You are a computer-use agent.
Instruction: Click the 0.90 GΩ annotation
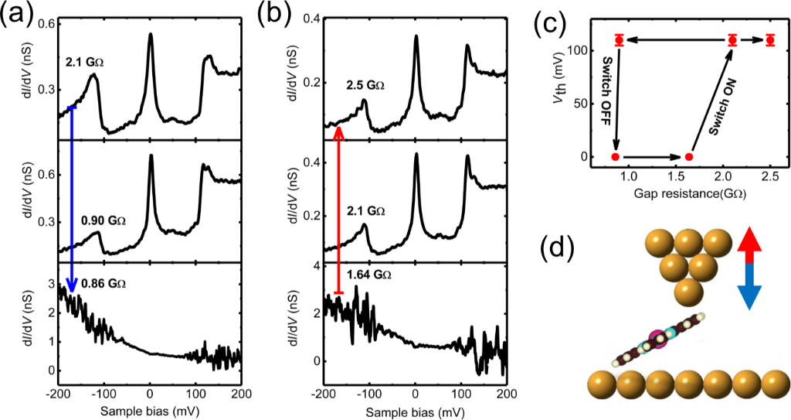point(102,221)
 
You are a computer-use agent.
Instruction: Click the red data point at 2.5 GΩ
point(770,39)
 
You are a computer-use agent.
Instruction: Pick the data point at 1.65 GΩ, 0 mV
point(689,157)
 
